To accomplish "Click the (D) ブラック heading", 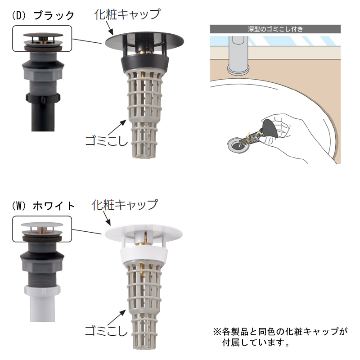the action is pyautogui.click(x=43, y=16).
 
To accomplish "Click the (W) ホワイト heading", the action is pyautogui.click(x=43, y=206).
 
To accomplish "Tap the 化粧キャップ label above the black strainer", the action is pyautogui.click(x=127, y=14).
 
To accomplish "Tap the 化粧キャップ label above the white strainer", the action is pyautogui.click(x=125, y=205).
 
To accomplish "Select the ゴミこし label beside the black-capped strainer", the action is pyautogui.click(x=106, y=140).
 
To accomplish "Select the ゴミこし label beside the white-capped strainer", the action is pyautogui.click(x=106, y=331).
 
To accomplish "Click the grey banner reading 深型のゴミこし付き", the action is pyautogui.click(x=275, y=29).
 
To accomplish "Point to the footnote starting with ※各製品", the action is pyautogui.click(x=280, y=337).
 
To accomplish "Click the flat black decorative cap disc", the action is pyautogui.click(x=144, y=41).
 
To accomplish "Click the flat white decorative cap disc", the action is pyautogui.click(x=144, y=232).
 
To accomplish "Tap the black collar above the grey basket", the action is pyautogui.click(x=145, y=63).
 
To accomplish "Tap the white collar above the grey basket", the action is pyautogui.click(x=144, y=254).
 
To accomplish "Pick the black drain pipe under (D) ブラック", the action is pyautogui.click(x=43, y=116).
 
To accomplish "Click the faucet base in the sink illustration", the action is pyautogui.click(x=238, y=69).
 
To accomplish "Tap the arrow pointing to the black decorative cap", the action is pyautogui.click(x=109, y=28).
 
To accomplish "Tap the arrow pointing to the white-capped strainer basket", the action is pyautogui.click(x=117, y=318).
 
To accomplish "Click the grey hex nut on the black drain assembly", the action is pyautogui.click(x=43, y=75).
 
